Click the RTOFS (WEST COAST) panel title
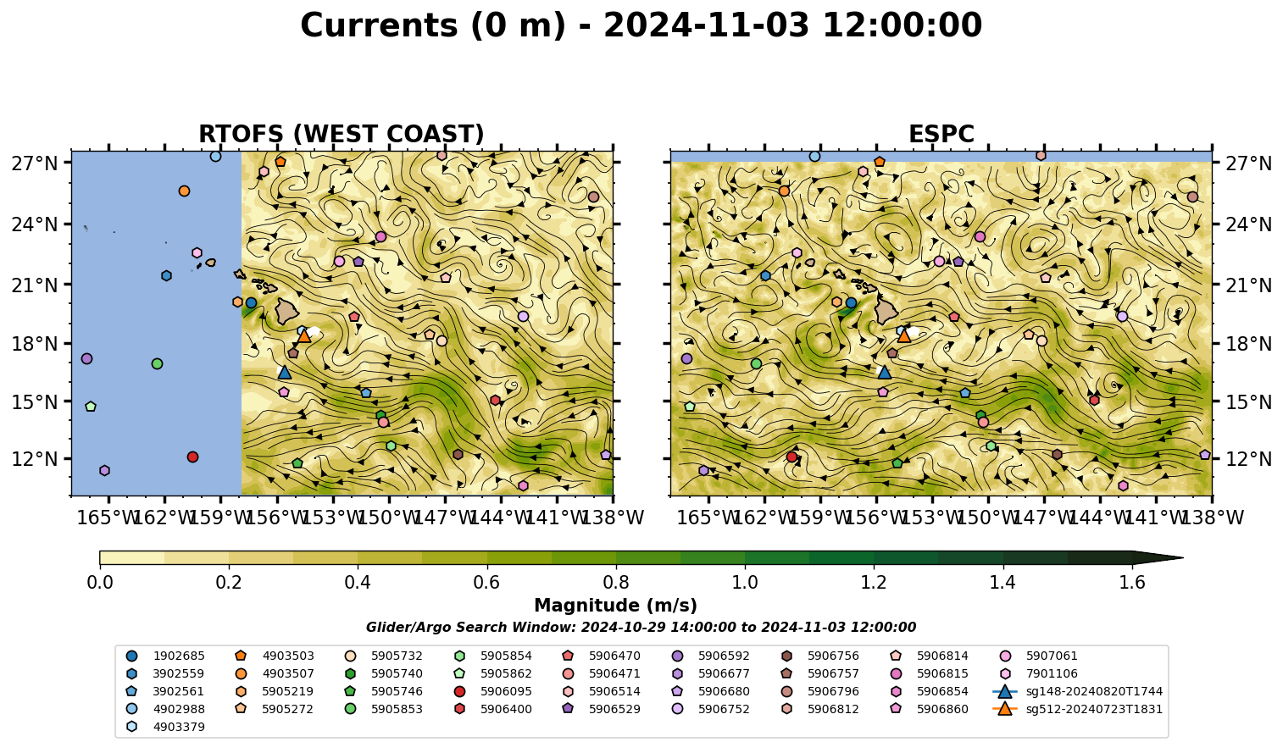coord(342,134)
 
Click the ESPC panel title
coord(941,134)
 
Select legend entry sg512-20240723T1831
coord(1077,709)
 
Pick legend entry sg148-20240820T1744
coord(1077,691)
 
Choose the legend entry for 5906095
coord(495,691)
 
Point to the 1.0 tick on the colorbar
coord(745,567)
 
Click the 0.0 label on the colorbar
coord(100,583)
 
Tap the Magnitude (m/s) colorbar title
coord(616,606)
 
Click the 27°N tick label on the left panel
coord(35,163)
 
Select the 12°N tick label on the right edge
coord(1248,459)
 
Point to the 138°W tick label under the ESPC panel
coord(1212,518)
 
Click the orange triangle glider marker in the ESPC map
coord(904,335)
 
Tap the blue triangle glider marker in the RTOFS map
coord(285,372)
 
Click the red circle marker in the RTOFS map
coord(192,457)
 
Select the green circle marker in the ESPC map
coord(756,363)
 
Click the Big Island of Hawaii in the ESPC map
coord(886,311)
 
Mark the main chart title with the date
coord(641,26)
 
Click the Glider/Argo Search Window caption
coord(641,628)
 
